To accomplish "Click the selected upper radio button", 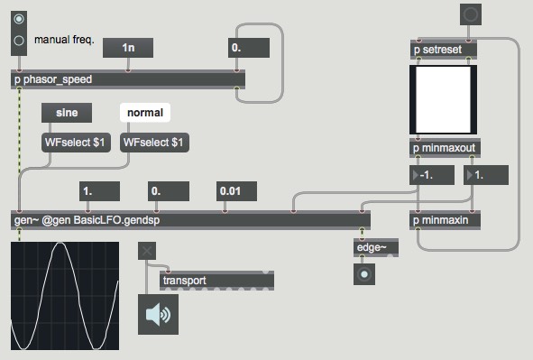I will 20,18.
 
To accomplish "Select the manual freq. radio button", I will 20,39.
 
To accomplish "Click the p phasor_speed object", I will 127,78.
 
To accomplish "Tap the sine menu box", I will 67,114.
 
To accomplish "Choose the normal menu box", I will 145,114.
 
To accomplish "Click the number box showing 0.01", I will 237,191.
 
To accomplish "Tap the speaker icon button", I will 158,314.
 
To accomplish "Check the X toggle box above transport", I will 148,251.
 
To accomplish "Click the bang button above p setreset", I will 471,14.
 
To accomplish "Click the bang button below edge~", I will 365,274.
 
